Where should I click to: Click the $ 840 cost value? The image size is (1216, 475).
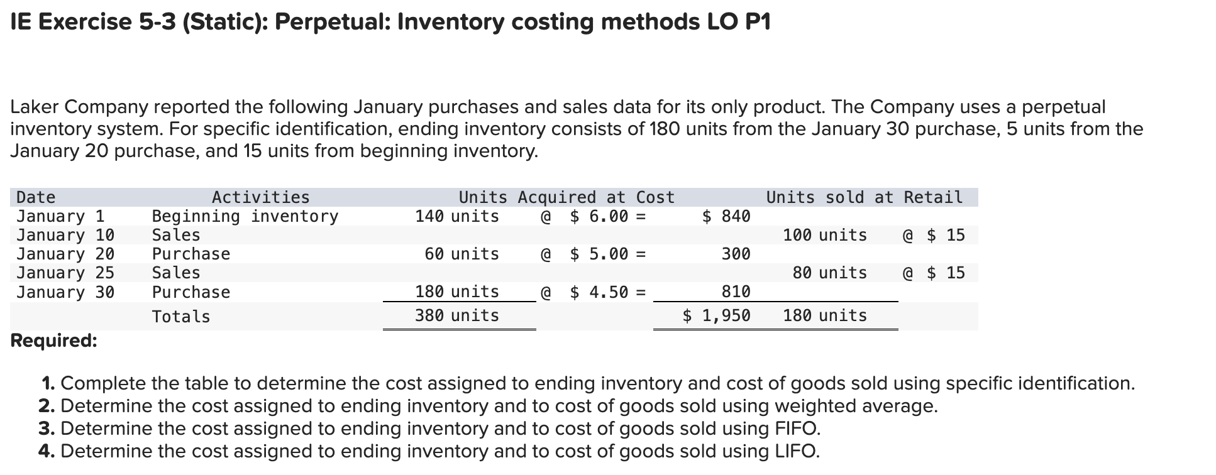coord(726,216)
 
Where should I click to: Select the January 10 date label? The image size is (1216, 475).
coord(65,235)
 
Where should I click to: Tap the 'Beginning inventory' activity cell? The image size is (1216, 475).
coord(245,216)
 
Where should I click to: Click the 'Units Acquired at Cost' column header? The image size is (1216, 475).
coord(566,197)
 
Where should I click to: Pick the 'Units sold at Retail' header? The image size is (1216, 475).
coord(864,197)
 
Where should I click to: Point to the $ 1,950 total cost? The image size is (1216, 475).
coord(717,315)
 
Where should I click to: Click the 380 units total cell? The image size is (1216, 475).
coord(456,315)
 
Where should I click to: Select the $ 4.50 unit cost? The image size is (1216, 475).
coord(599,292)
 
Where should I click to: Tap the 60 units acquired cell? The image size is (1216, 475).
coord(462,254)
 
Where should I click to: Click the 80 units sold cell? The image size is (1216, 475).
coord(829,273)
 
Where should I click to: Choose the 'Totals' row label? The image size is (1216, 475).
coord(181,316)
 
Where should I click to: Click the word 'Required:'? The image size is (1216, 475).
coord(54,341)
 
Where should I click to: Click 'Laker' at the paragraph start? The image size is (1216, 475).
coord(35,107)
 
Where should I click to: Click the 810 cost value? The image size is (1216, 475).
coord(736,292)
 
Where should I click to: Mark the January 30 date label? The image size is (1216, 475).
coord(65,292)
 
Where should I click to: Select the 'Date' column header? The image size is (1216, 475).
coord(36,197)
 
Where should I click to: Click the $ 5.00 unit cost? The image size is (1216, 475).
coord(599,254)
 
